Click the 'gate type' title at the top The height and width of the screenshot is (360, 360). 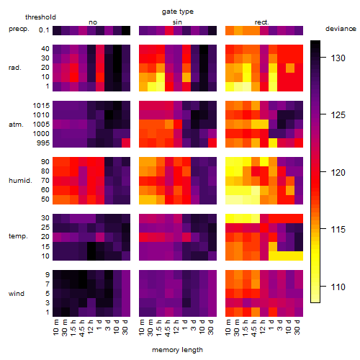pyautogui.click(x=178, y=12)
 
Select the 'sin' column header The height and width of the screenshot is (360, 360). pyautogui.click(x=177, y=22)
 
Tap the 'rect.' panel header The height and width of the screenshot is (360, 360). pyautogui.click(x=262, y=22)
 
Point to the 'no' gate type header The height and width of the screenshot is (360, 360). pyautogui.click(x=93, y=22)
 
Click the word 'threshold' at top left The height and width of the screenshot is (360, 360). pyautogui.click(x=40, y=17)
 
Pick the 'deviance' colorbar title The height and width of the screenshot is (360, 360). pyautogui.click(x=341, y=29)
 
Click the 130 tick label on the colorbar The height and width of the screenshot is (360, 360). pyautogui.click(x=338, y=58)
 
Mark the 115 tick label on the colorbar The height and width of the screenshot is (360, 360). pyautogui.click(x=338, y=230)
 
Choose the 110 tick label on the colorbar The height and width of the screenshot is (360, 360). pyautogui.click(x=338, y=287)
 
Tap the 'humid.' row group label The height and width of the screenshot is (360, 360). pyautogui.click(x=20, y=181)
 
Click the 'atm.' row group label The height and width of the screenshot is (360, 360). pyautogui.click(x=16, y=125)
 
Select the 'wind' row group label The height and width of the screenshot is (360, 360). pyautogui.click(x=17, y=294)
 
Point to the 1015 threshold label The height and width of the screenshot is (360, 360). pyautogui.click(x=41, y=105)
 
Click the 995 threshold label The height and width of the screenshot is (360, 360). pyautogui.click(x=43, y=143)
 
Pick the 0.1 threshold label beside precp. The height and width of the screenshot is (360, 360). pyautogui.click(x=44, y=30)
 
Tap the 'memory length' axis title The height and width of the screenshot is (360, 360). pyautogui.click(x=177, y=350)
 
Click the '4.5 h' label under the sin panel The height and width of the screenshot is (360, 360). pyautogui.click(x=167, y=328)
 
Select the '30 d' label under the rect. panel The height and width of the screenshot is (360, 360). pyautogui.click(x=297, y=328)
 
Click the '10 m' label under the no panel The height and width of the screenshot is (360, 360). pyautogui.click(x=55, y=328)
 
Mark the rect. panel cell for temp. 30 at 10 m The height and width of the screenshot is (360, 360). pyautogui.click(x=230, y=218)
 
